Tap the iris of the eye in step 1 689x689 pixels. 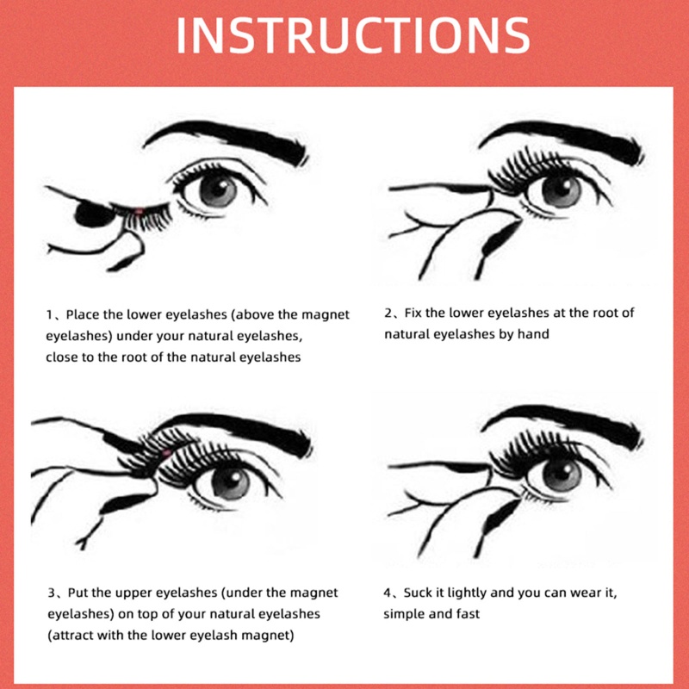219,190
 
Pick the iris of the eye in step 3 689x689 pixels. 229,481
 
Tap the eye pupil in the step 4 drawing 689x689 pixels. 561,473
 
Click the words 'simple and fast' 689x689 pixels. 431,614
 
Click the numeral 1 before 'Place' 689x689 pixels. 50,314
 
